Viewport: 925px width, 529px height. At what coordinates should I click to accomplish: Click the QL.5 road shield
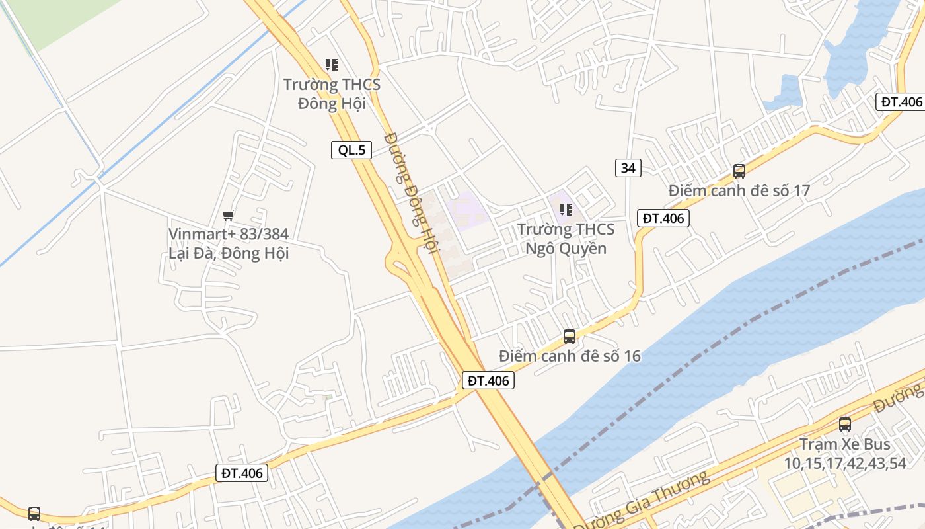351,150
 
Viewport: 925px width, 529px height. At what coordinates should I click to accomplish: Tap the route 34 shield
628,168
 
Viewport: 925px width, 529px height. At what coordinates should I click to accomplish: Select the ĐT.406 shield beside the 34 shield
663,218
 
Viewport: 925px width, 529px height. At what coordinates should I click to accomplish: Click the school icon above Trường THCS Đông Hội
332,65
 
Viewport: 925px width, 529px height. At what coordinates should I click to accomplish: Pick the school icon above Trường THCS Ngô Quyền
566,210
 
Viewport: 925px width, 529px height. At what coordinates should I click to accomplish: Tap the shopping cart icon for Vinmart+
229,215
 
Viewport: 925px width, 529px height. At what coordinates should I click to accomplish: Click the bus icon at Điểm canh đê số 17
739,171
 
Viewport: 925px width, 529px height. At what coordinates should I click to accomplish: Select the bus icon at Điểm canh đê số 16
570,337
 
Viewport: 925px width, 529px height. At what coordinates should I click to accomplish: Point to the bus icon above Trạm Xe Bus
844,425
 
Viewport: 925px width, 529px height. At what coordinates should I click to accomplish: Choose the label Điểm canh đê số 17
739,191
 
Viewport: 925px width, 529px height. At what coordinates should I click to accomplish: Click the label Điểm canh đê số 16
570,356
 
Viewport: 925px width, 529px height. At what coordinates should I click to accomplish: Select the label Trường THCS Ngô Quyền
566,239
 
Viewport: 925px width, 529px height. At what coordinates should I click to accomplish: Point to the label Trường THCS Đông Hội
332,94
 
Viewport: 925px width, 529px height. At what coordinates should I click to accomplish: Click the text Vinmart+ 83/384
229,234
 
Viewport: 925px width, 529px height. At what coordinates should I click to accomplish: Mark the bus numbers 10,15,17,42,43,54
844,463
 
